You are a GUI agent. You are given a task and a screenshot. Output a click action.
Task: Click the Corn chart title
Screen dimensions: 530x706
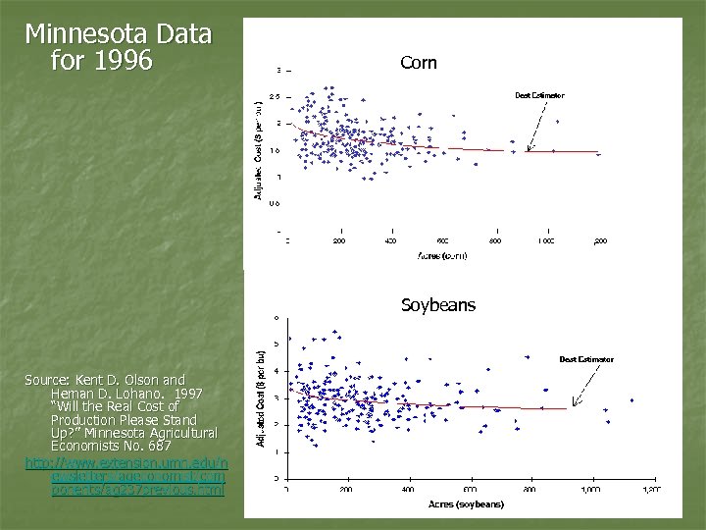(x=419, y=64)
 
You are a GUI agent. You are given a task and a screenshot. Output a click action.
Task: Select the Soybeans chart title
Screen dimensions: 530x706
(x=437, y=305)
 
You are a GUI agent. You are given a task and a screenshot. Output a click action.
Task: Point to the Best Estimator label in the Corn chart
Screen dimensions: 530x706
(x=539, y=95)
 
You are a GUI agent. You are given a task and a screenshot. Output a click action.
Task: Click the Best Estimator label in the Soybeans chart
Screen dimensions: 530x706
(x=586, y=359)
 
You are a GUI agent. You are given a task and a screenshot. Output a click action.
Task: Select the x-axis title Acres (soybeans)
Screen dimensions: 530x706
(x=466, y=504)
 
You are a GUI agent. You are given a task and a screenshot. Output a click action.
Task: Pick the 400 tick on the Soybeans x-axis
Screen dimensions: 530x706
(x=408, y=489)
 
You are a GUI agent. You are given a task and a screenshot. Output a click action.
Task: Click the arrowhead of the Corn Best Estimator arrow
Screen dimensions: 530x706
(x=528, y=149)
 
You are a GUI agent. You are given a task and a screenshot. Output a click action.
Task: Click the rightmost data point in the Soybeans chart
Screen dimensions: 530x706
(x=631, y=400)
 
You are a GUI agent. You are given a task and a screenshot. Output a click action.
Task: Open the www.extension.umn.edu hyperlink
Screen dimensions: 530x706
(x=126, y=462)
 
